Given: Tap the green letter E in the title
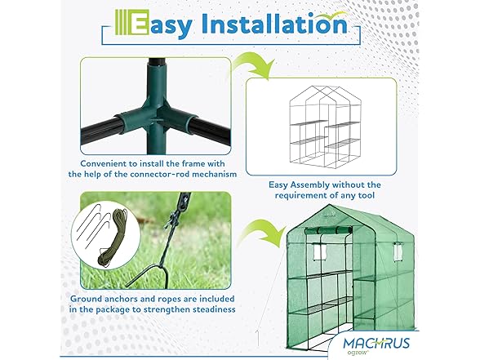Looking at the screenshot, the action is [140, 22].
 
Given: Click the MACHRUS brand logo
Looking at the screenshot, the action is [376, 343].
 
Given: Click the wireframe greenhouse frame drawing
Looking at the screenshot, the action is [325, 126].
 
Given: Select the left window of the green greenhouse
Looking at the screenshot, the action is [319, 251].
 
